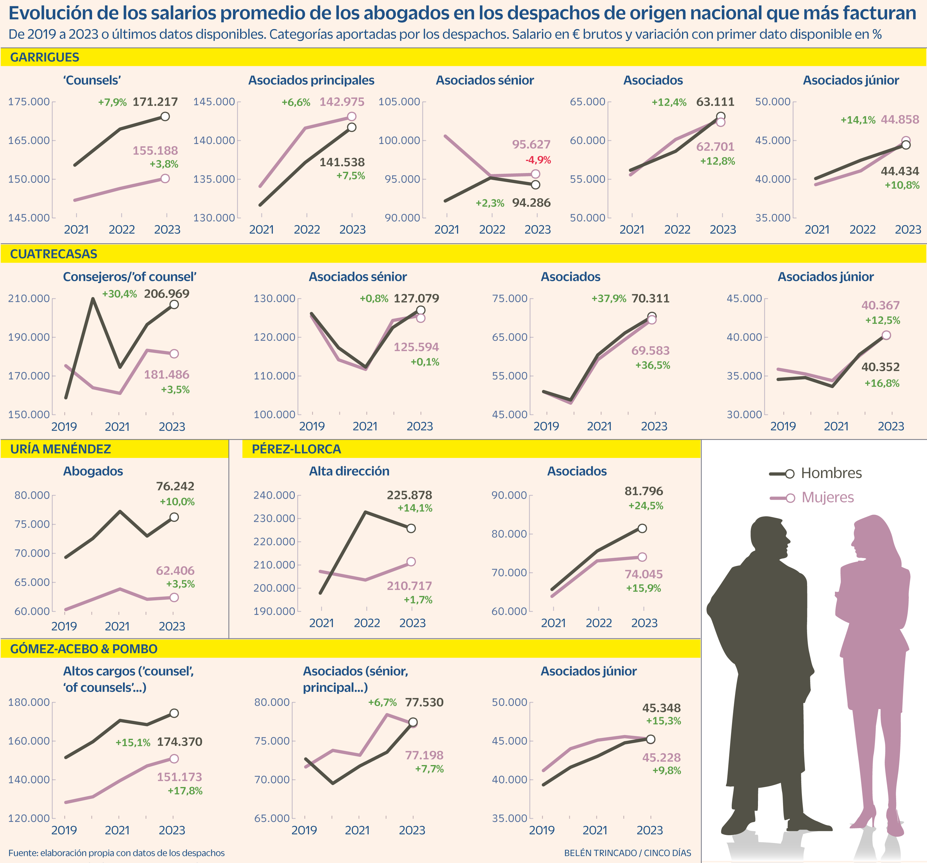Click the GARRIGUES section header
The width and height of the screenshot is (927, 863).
(45, 57)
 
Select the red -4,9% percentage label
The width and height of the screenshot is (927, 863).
(538, 160)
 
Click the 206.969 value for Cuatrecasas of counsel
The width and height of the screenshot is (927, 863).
(167, 294)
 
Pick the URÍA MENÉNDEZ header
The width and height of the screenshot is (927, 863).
(61, 449)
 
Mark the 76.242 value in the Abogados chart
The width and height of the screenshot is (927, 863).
(175, 486)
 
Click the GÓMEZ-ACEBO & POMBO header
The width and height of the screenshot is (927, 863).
(84, 649)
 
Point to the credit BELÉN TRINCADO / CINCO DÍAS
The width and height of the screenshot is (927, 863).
(627, 853)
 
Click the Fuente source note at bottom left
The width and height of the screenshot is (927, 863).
(116, 853)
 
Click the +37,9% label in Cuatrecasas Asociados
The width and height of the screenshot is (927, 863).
(608, 298)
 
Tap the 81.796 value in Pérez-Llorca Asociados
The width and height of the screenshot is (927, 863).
(643, 491)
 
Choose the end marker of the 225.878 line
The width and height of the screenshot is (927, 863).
(411, 528)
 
